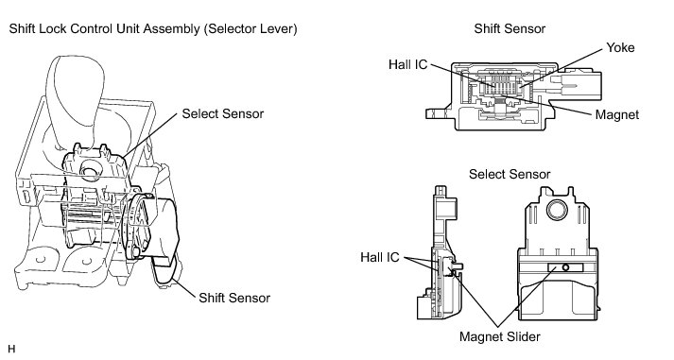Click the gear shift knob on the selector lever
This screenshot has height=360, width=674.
tap(75, 99)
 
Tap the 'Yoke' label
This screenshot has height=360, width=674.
tap(620, 47)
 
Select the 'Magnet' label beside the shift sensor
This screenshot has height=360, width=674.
tap(617, 114)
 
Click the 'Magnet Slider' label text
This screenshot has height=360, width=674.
tap(499, 336)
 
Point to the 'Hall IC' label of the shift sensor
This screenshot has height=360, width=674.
tap(408, 64)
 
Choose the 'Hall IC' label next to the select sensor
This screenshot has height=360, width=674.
tap(380, 257)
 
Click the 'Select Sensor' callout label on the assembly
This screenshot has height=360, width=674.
tap(223, 113)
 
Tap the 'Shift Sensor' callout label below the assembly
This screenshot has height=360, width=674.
tap(234, 298)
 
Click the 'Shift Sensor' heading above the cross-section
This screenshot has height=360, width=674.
tap(510, 28)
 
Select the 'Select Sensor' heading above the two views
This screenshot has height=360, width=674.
tap(510, 174)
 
